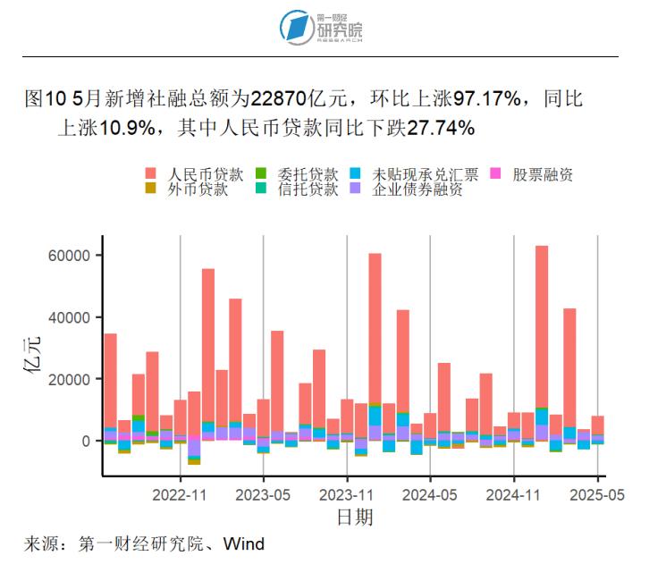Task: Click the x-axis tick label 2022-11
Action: (181, 493)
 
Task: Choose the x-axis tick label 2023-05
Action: (264, 493)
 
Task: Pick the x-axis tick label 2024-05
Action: (431, 493)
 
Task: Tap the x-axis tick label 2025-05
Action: (596, 493)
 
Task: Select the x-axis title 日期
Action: (355, 518)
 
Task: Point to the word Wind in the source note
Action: (243, 543)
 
